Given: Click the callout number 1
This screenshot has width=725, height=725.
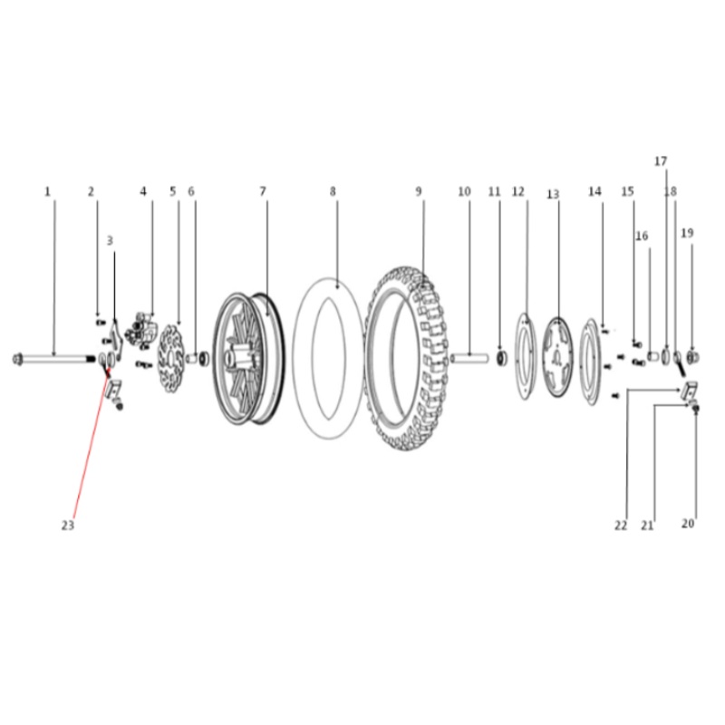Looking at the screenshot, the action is click(x=47, y=191).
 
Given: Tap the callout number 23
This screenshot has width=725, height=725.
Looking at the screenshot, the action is click(x=67, y=526).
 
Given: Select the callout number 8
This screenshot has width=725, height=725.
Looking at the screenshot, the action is click(x=333, y=191).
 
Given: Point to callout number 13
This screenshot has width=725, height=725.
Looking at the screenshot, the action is click(x=553, y=194).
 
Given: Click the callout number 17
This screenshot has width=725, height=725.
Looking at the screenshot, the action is click(x=661, y=161).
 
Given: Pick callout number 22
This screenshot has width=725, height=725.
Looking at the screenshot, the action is click(x=621, y=526).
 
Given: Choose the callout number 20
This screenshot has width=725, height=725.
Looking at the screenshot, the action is click(x=688, y=523).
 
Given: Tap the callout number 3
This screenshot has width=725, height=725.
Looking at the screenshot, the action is click(x=110, y=240).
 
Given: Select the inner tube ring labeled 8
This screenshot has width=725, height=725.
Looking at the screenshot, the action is click(x=327, y=359).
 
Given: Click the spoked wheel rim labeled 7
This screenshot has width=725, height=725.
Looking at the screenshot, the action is click(x=248, y=359).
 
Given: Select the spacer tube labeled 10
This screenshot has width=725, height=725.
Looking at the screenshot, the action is click(x=469, y=358).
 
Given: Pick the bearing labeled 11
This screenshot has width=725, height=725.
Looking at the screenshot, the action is click(x=502, y=358).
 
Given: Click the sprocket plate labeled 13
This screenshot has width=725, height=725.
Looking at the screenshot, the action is click(x=557, y=357).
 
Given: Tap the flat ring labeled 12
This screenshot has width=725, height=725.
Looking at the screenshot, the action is click(x=526, y=356).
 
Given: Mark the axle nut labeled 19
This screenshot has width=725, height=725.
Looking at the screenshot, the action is click(x=692, y=357).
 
